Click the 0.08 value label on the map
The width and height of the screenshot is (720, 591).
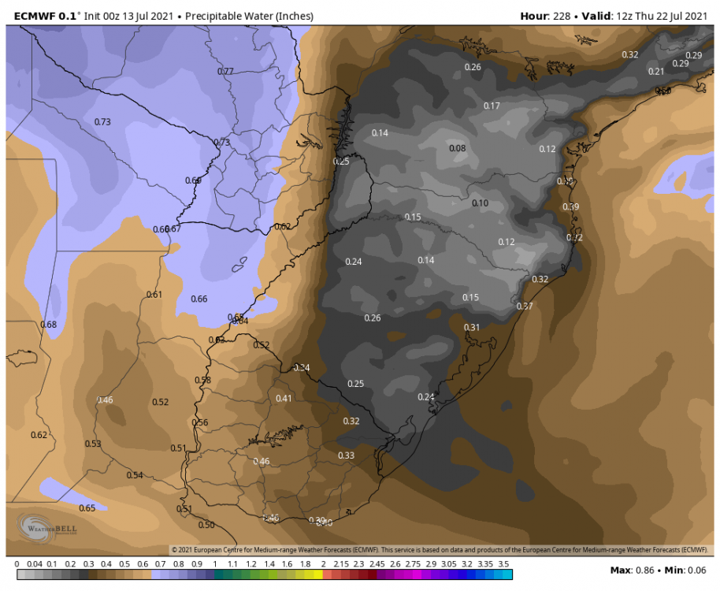point(457,148)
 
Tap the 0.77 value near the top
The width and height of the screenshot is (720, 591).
point(225,72)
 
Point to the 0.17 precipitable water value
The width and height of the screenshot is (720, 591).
point(492,106)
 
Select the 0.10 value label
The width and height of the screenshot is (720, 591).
point(480,203)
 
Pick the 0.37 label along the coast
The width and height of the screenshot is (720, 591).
point(525,306)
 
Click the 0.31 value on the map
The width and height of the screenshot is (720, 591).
point(472,327)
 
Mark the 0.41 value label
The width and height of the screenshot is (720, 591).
point(284,398)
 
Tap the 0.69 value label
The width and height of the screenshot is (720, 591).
point(193,180)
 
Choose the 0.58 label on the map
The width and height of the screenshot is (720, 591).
point(202,380)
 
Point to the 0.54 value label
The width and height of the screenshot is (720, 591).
point(135,475)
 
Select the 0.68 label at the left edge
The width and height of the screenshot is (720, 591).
point(48,325)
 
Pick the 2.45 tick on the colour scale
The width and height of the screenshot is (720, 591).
point(377,564)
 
